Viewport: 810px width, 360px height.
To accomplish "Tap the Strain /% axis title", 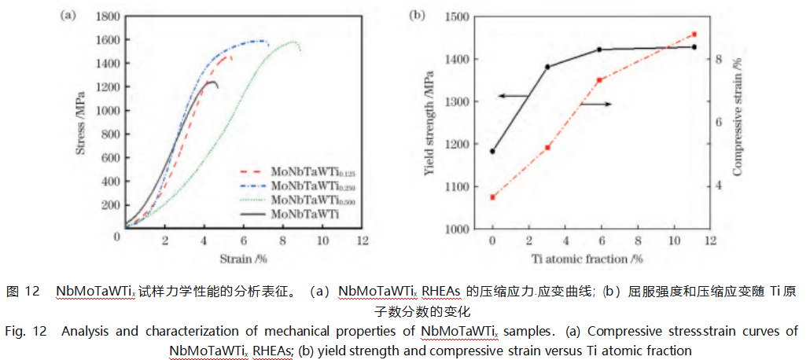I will point(244,258).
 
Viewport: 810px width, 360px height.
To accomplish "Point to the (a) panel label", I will point(68,16).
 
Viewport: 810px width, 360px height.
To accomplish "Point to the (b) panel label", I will point(418,16).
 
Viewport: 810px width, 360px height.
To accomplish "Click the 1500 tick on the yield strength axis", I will point(458,17).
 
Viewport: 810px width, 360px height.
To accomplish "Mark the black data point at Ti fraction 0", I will point(493,151).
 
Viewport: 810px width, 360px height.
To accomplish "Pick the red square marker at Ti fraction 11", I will point(694,35).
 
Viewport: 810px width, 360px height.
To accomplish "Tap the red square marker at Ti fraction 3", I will point(548,148).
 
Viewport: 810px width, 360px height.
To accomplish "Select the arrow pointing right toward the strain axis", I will point(598,104).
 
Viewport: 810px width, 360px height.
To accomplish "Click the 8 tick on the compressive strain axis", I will point(719,59).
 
